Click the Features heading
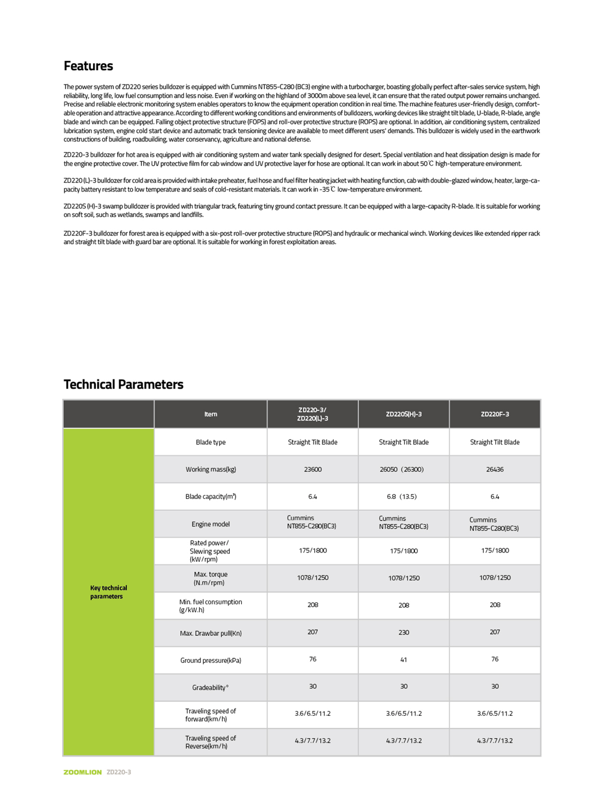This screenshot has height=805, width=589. [88, 66]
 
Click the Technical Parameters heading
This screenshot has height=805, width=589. [124, 384]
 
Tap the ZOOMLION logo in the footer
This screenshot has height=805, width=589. [82, 772]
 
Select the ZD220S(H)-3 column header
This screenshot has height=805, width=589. [403, 414]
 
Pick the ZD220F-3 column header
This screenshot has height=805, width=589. [495, 414]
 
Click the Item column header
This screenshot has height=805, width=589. [210, 414]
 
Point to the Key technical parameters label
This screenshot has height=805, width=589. [108, 592]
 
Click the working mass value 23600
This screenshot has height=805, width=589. [313, 470]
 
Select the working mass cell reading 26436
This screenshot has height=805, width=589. [495, 470]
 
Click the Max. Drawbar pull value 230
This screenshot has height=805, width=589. [403, 632]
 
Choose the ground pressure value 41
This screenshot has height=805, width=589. [403, 660]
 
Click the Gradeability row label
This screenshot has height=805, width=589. [210, 688]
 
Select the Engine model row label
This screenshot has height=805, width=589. [210, 524]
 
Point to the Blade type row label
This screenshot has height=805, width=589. [210, 442]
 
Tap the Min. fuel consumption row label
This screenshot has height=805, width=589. [210, 606]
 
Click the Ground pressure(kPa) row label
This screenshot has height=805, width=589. [210, 661]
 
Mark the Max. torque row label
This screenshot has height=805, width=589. [210, 578]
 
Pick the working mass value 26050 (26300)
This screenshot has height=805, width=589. [402, 470]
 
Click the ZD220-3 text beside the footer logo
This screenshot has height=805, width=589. [119, 772]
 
